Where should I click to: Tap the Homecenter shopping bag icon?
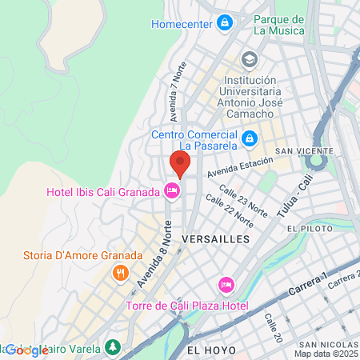coord(226,22)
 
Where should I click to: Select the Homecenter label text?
coord(182,23)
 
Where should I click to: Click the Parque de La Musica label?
coord(278,25)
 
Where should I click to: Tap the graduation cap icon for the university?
coord(250,60)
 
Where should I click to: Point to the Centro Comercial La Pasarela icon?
coord(250,138)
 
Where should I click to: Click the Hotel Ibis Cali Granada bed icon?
coord(170,190)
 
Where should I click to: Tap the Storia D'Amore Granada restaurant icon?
coord(121,272)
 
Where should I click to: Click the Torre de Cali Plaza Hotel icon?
coord(226,285)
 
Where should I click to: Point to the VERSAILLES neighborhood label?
coord(216,239)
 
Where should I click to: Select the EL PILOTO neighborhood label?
coord(313,229)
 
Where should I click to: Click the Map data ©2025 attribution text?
coord(326,354)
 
